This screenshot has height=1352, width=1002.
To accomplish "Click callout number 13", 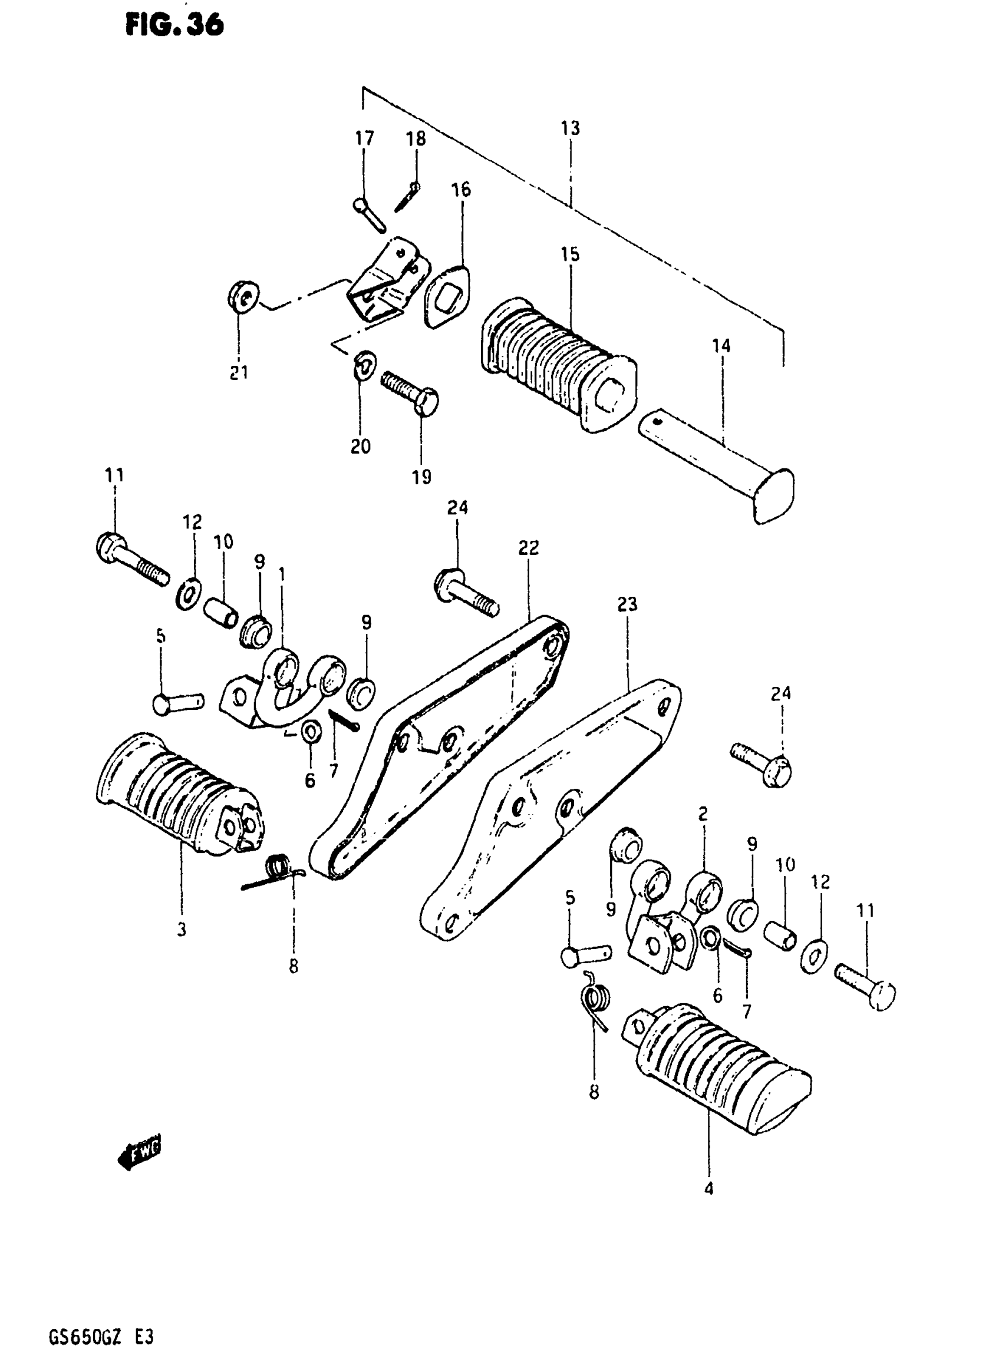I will coord(570,128).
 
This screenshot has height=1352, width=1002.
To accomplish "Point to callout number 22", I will coord(528,548).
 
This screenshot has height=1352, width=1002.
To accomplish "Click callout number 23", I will coord(627,604).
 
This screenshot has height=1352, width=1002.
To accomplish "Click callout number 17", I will coord(364,139).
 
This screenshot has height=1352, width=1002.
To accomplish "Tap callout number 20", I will coord(360,447).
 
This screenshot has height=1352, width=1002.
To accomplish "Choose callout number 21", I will coord(239,372).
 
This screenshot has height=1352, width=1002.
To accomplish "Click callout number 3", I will coord(182,930).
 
